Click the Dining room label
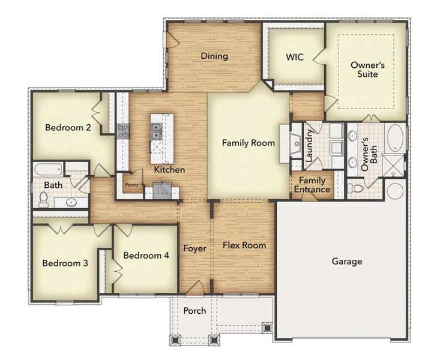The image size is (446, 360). pos(214,56)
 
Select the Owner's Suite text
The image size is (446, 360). pos(364,69)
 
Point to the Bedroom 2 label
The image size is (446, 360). pos(68,128)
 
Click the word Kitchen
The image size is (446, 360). pos(169,170)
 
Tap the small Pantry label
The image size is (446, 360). pos(131,185)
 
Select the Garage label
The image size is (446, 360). pos(346,262)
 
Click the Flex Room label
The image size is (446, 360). pos(244,245)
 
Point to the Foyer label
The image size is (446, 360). pos(194,248)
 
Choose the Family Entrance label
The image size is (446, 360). pos(312,185)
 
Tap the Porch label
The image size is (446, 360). pos(194,311)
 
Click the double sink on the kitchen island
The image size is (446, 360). pos(156,131)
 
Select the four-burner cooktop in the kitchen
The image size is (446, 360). pos(124,131)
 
